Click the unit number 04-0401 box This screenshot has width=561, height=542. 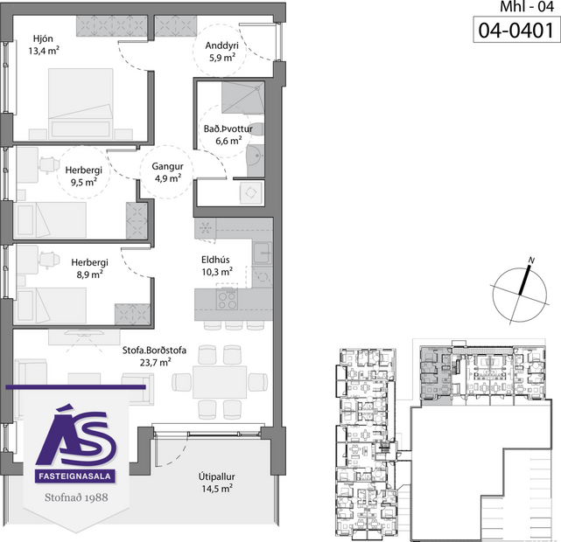coord(516,31)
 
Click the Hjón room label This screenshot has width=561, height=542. coord(43,39)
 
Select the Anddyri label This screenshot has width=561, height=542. coord(221,46)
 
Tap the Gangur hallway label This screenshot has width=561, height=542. coord(166,165)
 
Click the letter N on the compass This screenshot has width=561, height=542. coord(530,261)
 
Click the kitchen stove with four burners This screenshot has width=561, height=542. coord(227,300)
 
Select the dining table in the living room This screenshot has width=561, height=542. coord(220,381)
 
